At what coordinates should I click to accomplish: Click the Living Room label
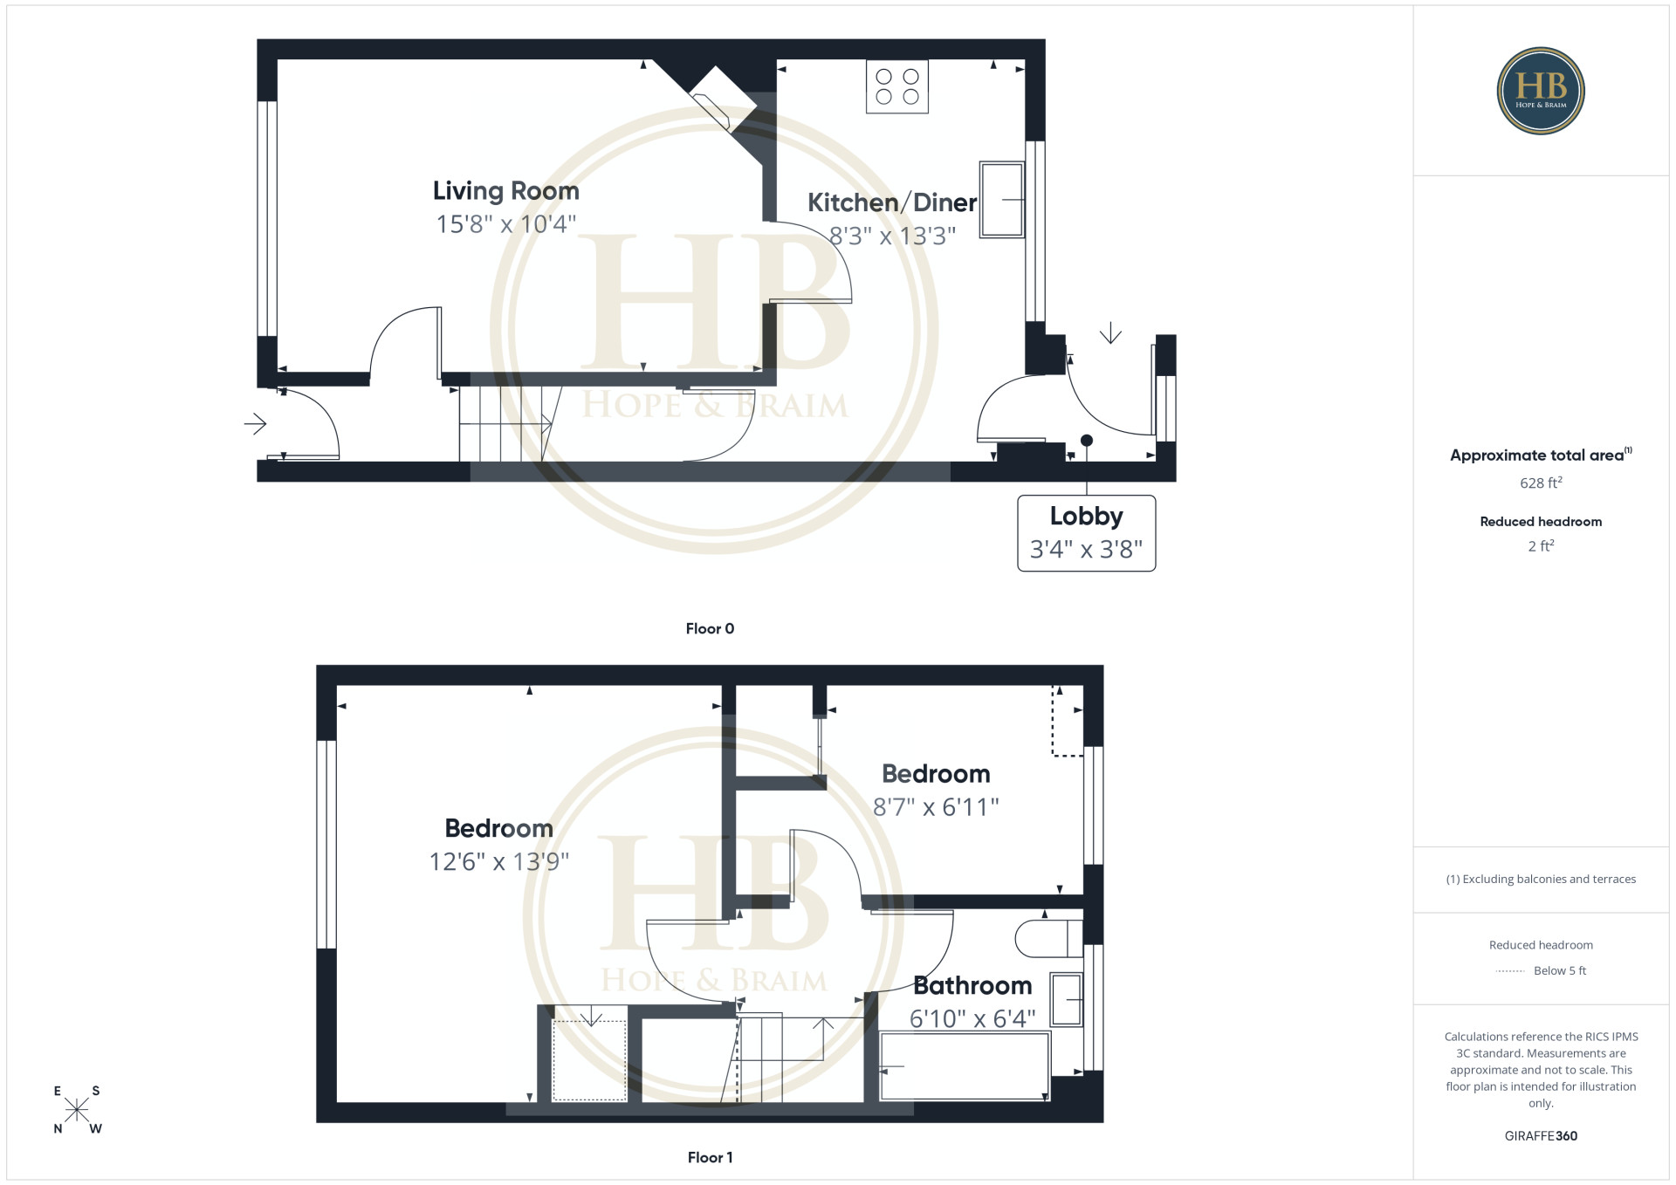(x=505, y=191)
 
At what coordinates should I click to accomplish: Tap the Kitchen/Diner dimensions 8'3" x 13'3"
(x=892, y=236)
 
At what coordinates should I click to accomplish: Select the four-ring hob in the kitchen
(x=897, y=86)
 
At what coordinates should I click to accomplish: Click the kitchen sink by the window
(x=1001, y=199)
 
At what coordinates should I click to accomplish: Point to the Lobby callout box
(x=1086, y=533)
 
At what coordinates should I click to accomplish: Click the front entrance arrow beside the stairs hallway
(x=255, y=424)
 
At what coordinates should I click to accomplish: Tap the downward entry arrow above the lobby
(x=1110, y=332)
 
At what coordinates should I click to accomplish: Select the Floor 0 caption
(x=710, y=628)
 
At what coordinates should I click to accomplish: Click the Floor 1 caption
(x=710, y=1157)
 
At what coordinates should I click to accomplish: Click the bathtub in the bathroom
(x=964, y=1066)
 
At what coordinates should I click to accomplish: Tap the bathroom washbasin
(x=1066, y=999)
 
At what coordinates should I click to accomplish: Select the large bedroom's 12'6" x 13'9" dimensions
(x=498, y=862)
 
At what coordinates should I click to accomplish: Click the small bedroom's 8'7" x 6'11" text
(x=936, y=807)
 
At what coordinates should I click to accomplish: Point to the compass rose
(x=77, y=1110)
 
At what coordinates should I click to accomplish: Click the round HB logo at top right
(x=1541, y=91)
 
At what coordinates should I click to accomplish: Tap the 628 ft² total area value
(x=1541, y=483)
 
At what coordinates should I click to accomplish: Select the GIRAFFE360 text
(x=1541, y=1136)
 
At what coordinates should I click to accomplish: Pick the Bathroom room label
(x=972, y=986)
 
